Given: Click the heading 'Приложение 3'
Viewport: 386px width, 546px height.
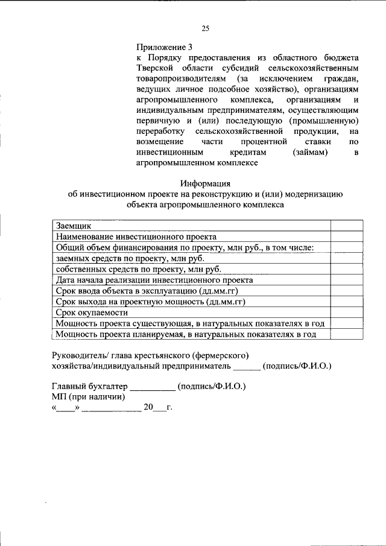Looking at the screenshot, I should point(164,46).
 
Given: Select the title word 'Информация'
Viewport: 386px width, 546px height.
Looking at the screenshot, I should point(205,183).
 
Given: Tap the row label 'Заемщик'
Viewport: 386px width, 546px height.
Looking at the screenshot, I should point(73,225).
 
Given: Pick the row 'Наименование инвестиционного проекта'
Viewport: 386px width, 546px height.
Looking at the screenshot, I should point(136,236).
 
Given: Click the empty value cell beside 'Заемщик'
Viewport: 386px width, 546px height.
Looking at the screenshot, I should point(346,225).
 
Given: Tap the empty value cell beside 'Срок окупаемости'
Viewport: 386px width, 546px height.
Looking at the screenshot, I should point(346,313).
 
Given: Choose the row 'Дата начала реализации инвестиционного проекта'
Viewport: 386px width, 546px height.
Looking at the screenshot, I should point(154,280).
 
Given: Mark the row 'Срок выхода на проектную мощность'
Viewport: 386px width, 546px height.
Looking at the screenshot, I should point(152,302).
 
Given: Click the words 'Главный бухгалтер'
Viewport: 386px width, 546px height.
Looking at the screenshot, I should point(89,387).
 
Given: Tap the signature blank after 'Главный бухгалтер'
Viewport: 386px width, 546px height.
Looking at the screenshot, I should point(152,388).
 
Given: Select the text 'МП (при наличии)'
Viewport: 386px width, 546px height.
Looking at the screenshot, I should point(88,397).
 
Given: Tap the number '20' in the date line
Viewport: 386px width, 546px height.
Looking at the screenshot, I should point(148,408).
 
